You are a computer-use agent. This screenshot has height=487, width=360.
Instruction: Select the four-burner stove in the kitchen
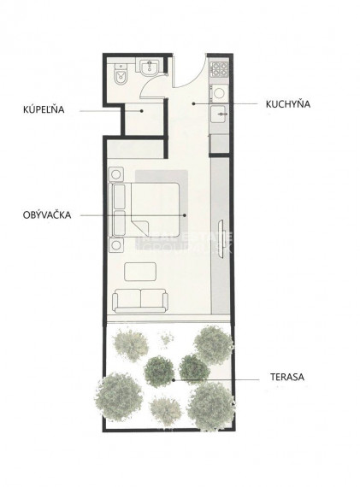pyautogui.click(x=218, y=69)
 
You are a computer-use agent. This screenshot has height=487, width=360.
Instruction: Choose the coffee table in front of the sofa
pyautogui.click(x=141, y=273)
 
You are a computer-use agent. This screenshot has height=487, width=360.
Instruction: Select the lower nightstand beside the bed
pyautogui.click(x=115, y=245)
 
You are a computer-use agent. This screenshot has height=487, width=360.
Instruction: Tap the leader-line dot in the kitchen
pyautogui.click(x=193, y=103)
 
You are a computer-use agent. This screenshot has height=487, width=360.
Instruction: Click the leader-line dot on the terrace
pyautogui.click(x=174, y=377)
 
